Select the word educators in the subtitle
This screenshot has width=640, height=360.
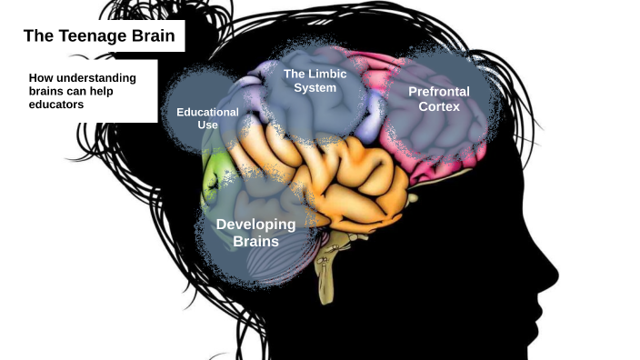click(56, 105)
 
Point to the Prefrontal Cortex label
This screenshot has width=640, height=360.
click(439, 99)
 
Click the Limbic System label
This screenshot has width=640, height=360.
click(315, 80)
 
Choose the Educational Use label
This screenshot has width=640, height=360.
click(207, 117)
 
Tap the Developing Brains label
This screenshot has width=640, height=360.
click(255, 233)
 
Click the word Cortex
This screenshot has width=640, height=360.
click(439, 107)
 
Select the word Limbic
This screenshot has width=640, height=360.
click(325, 73)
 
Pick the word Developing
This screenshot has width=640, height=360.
click(255, 224)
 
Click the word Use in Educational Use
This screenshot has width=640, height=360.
click(207, 124)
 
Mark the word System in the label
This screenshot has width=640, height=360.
click(315, 88)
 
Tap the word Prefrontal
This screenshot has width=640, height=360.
click(439, 92)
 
